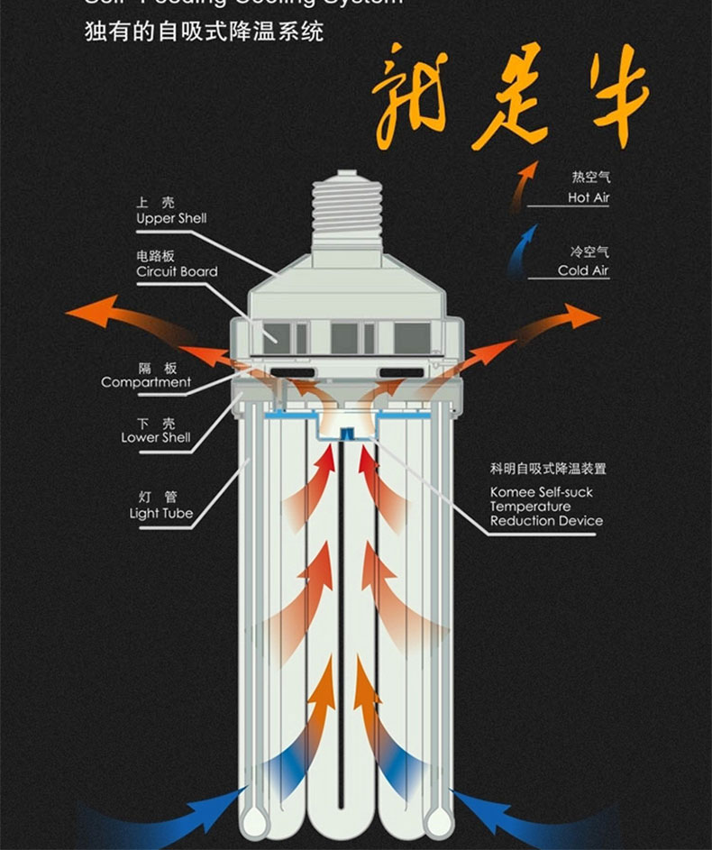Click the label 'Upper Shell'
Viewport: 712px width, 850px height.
pos(171,219)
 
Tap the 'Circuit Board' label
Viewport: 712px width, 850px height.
pos(177,271)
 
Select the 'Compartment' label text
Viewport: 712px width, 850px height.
pos(146,382)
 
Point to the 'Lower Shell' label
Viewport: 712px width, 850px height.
pos(156,437)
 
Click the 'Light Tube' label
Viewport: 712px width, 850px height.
pos(160,513)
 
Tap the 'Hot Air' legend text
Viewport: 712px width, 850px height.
pos(589,197)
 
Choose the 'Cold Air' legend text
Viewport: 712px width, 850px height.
pos(583,270)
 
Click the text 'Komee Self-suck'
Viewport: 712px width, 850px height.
pos(541,492)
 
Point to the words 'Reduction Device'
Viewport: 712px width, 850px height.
pos(546,521)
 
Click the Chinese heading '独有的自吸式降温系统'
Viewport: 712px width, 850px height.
pos(204,33)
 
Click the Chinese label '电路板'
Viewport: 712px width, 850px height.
pos(156,256)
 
